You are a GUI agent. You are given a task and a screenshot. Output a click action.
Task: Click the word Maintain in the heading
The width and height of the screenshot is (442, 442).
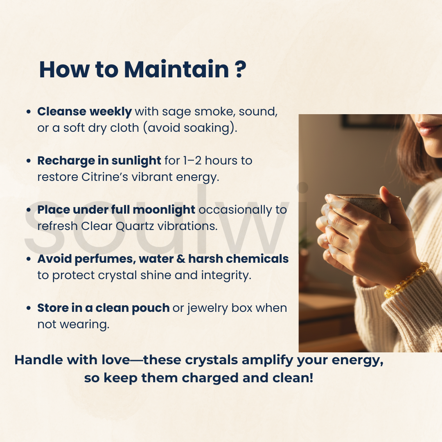coord(176,69)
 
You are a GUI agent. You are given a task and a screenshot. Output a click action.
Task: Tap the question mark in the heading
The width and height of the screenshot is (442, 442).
coord(240,69)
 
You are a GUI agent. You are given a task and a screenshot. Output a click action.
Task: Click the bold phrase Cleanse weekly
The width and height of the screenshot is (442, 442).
coord(85,112)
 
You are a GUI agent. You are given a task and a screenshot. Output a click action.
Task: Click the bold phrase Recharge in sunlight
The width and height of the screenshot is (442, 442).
coord(99,161)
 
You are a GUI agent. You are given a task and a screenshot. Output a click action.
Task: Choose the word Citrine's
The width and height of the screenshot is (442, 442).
coord(105,177)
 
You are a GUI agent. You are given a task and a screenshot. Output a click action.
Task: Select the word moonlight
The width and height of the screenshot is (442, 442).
coord(164,210)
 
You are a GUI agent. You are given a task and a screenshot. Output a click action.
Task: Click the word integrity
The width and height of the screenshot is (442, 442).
coord(226,275)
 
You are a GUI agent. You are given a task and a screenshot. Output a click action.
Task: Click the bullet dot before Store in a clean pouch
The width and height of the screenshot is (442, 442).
coord(29,308)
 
